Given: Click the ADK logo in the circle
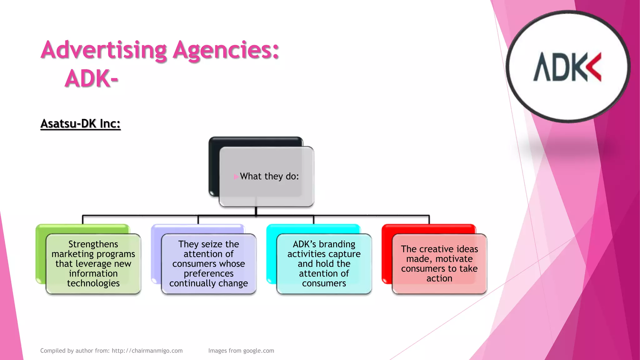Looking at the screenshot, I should click(x=567, y=67).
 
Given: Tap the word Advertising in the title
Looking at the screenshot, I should click(x=104, y=50).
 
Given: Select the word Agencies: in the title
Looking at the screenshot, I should click(x=226, y=50).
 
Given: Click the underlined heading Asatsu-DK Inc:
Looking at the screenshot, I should click(x=80, y=124).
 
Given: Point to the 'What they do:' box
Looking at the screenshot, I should click(x=266, y=176).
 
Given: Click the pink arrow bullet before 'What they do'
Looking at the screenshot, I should click(x=236, y=177).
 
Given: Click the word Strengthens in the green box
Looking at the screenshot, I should click(x=93, y=244).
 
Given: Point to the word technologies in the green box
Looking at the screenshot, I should click(x=93, y=283).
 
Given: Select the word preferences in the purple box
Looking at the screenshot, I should click(x=208, y=273).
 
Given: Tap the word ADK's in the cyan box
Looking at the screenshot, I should click(x=304, y=244).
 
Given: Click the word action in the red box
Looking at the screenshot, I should click(x=439, y=278).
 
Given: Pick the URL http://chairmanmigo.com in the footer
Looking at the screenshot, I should click(x=147, y=351).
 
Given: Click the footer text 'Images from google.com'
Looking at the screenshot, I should click(x=241, y=351).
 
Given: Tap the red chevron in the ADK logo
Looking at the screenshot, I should click(x=594, y=67).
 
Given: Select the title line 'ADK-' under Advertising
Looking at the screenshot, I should click(x=91, y=78).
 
